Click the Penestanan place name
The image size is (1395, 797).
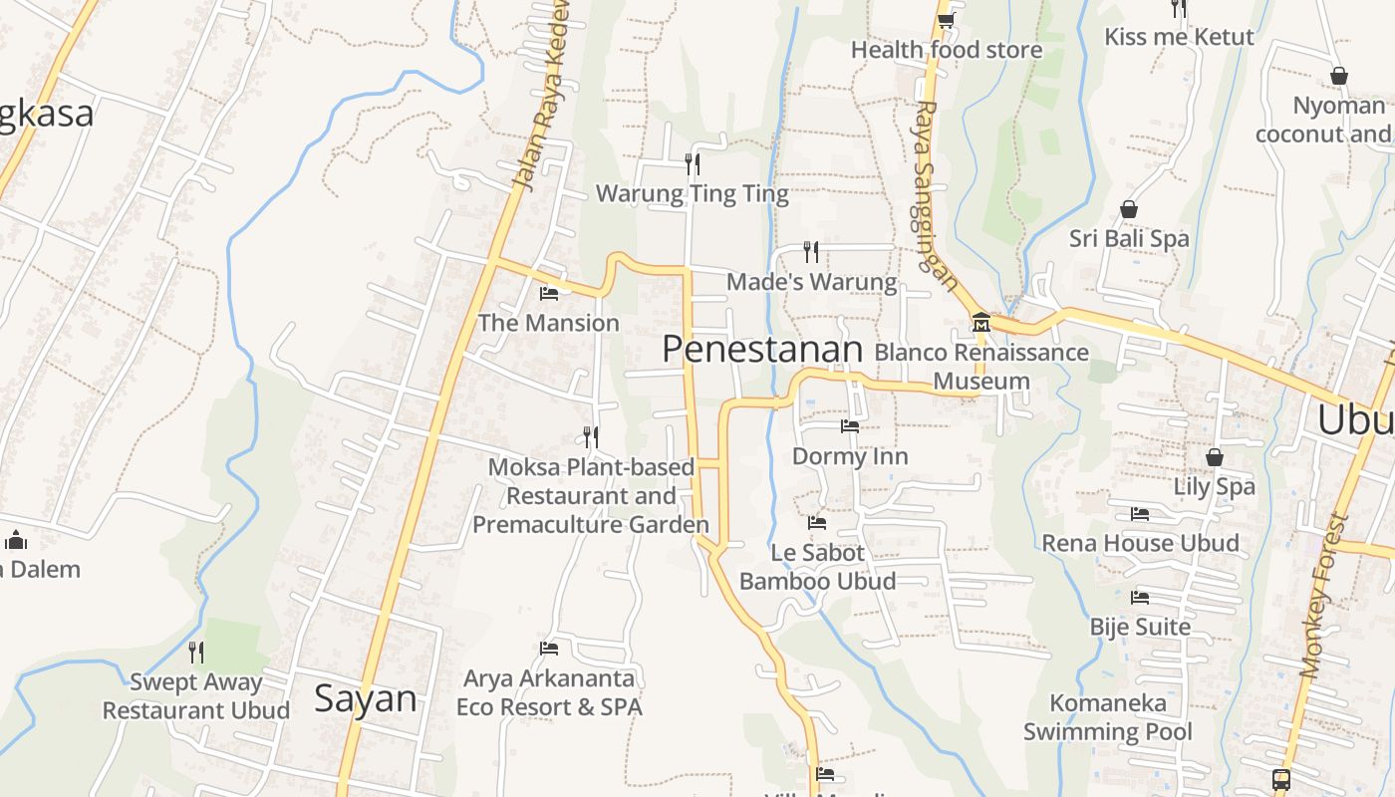pos(761,350)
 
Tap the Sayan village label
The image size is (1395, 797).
pos(365,698)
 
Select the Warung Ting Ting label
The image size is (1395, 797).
pos(692,193)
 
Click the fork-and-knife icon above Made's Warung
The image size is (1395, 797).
pos(811,251)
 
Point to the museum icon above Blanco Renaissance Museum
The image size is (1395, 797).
pos(980,322)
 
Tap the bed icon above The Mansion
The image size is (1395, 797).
pos(548,293)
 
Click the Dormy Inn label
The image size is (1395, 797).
pos(849,456)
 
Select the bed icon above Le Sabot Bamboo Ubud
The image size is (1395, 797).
pos(817,522)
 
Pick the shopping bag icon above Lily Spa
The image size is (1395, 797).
pos(1214,457)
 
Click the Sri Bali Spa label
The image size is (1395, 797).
pos(1129,239)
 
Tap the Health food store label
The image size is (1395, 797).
pos(946,50)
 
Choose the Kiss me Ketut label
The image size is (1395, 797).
pos(1179,37)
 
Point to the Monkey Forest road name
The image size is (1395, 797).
pos(1323,596)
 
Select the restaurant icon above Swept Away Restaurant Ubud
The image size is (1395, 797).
pos(196,653)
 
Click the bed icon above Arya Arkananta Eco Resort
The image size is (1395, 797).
pos(548,648)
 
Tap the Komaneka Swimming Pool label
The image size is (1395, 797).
pos(1107,717)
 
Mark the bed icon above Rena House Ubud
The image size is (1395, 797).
pos(1140,514)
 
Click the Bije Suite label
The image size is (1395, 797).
pos(1140,627)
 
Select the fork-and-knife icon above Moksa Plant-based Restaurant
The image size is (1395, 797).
pos(591,436)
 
